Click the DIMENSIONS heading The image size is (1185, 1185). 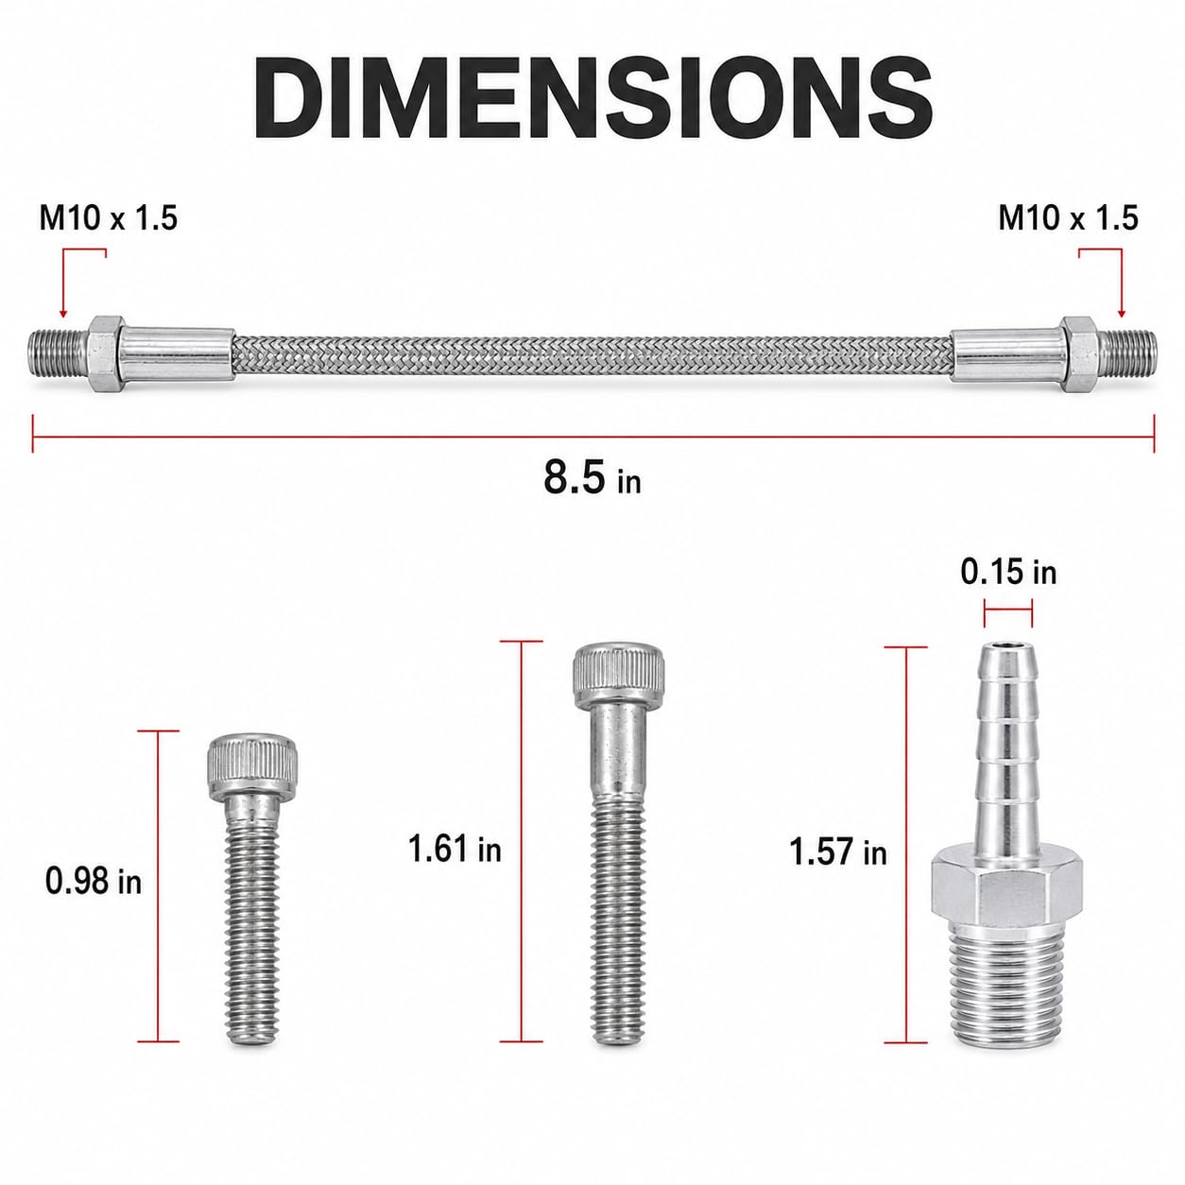592,98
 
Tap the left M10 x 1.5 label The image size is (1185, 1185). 109,218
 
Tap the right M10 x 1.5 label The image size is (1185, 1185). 1068,218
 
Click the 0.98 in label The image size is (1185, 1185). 94,882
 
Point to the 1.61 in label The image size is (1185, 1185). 455,850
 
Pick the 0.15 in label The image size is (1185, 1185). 1008,573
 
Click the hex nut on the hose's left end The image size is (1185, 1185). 106,354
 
